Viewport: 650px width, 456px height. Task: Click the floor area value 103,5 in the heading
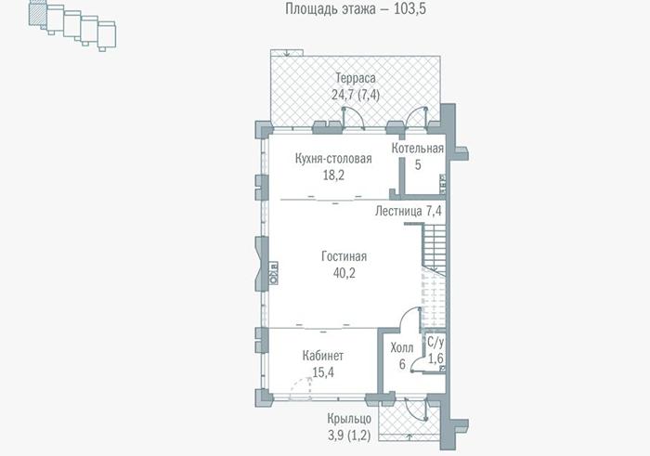coord(409,8)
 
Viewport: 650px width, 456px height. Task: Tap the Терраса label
coord(356,78)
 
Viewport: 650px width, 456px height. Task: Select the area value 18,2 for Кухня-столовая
coord(333,176)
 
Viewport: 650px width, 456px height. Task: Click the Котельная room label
coord(418,149)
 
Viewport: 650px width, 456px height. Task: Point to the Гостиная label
coord(344,256)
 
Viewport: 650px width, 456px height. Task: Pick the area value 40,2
coord(344,273)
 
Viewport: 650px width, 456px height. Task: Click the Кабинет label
coord(323,356)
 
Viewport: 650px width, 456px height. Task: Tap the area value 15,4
coord(323,372)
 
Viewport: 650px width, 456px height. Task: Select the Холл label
coord(402,347)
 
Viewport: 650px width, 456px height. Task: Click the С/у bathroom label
coord(435,343)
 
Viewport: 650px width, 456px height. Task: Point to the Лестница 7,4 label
coord(409,212)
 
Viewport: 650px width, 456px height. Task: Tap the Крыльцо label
coord(349,419)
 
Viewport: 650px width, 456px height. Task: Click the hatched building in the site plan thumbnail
coord(37,14)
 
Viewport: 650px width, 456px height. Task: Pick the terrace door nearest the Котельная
coord(416,117)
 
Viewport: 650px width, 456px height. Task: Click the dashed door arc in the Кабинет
coord(301,387)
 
